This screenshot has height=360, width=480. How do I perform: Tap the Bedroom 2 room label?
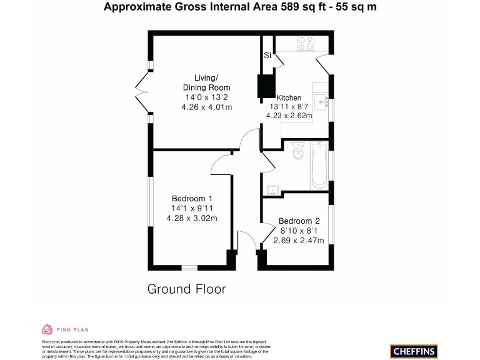[x=299, y=221]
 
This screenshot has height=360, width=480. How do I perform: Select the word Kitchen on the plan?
[x=289, y=97]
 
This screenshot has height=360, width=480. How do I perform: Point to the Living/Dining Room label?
[x=206, y=82]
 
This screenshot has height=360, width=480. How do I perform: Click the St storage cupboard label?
[x=267, y=56]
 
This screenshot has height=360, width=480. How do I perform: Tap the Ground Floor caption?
[x=186, y=289]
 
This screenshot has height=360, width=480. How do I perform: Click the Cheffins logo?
[x=414, y=351]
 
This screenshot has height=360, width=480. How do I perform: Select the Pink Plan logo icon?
[x=47, y=329]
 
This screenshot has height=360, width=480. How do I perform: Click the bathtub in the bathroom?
[x=319, y=165]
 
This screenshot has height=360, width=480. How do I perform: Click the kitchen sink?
[x=321, y=100]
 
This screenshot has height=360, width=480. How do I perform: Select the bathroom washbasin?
[x=272, y=188]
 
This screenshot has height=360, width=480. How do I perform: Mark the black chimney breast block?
[x=266, y=87]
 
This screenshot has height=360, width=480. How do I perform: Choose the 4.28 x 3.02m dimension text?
[x=192, y=218]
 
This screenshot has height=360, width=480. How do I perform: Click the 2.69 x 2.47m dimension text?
[x=299, y=241]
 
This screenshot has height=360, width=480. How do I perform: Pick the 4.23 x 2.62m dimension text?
[x=289, y=115]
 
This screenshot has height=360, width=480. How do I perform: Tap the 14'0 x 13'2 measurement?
[x=206, y=97]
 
